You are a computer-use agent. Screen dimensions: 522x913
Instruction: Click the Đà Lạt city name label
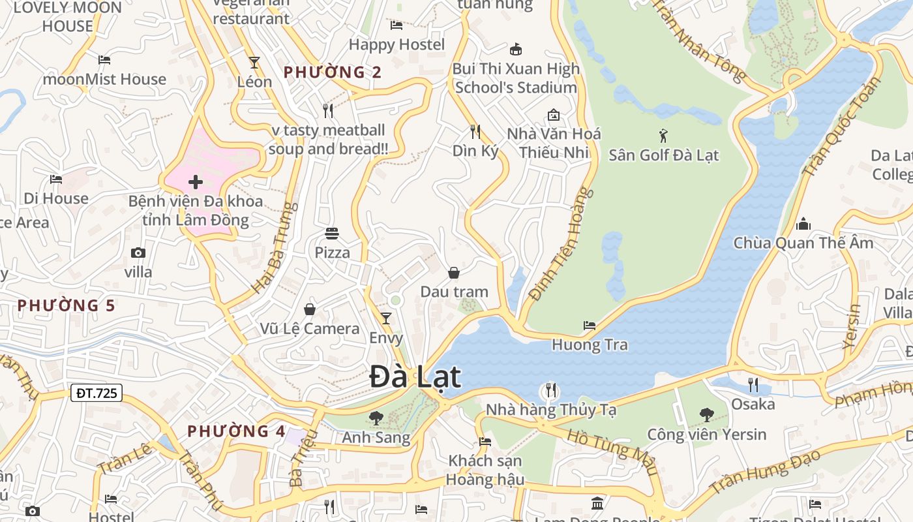(x=415, y=377)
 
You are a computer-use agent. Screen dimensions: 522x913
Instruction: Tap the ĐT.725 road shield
(x=96, y=393)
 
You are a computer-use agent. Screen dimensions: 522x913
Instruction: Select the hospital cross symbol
(x=195, y=182)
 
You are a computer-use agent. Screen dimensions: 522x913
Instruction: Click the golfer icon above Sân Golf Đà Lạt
(x=663, y=136)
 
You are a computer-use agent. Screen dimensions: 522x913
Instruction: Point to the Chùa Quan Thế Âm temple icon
(x=803, y=224)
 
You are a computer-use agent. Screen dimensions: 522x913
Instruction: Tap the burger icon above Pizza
(x=332, y=234)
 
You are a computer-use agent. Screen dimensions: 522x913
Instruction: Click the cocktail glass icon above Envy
(x=386, y=318)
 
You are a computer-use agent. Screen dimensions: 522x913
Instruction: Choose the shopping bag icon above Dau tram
(x=454, y=272)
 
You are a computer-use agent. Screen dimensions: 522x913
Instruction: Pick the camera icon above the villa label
(x=138, y=253)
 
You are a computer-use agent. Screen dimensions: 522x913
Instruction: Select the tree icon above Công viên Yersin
(x=706, y=414)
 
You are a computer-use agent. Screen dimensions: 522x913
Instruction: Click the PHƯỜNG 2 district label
(x=333, y=72)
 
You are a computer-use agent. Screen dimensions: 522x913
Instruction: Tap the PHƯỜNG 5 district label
(x=66, y=305)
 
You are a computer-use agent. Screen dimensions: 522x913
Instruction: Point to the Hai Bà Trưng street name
(x=275, y=247)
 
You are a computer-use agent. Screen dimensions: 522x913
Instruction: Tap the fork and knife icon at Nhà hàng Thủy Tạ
(x=551, y=391)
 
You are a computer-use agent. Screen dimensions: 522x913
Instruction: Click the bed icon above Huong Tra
(x=590, y=325)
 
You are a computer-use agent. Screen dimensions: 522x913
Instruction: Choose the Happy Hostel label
(x=397, y=44)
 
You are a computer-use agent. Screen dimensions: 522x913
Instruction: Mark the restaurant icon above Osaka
(x=753, y=384)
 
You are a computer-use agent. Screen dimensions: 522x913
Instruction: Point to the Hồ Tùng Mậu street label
(x=612, y=452)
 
